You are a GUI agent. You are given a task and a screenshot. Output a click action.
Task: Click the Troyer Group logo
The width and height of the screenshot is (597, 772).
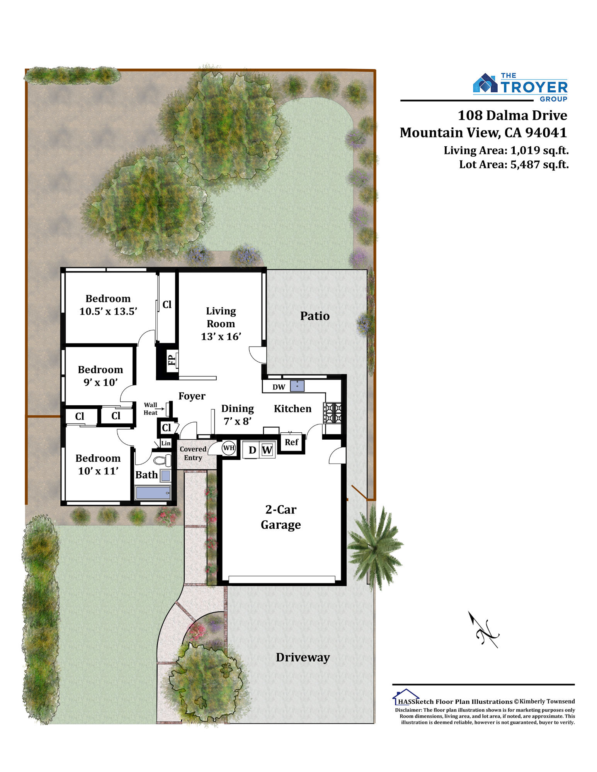[520, 87]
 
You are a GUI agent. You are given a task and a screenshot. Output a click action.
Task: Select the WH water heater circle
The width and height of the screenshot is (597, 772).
[228, 448]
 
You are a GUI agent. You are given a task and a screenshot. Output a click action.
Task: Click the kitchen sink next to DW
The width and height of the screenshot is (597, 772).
[297, 386]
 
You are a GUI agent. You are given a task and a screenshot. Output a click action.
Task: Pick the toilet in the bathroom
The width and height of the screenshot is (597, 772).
[162, 460]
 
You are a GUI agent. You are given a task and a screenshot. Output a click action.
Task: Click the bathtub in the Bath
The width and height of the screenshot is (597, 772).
[153, 493]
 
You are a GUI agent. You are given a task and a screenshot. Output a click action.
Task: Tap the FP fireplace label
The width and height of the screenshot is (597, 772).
[172, 360]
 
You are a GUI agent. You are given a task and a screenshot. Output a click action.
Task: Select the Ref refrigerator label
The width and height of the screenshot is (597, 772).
[291, 442]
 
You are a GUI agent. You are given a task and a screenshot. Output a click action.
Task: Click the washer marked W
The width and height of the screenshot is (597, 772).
[267, 450]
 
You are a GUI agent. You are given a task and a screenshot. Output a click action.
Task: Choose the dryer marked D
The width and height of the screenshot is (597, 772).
[252, 450]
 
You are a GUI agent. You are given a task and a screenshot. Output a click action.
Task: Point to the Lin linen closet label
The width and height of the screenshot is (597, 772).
[166, 443]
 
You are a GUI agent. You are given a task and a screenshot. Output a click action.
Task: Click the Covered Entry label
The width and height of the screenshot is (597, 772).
[193, 453]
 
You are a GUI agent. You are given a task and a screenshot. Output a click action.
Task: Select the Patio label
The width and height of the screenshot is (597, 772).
[315, 316]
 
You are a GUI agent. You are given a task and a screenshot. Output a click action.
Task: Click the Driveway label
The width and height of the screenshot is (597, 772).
[303, 657]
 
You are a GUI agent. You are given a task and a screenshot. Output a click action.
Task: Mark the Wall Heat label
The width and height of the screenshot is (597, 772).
[151, 408]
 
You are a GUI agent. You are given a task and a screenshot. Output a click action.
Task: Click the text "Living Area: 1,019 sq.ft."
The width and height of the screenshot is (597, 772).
[506, 150]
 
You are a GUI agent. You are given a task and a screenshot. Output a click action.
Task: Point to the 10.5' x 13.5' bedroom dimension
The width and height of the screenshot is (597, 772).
[108, 311]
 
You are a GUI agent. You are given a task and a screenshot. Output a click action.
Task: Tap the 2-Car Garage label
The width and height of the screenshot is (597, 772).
[281, 517]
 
